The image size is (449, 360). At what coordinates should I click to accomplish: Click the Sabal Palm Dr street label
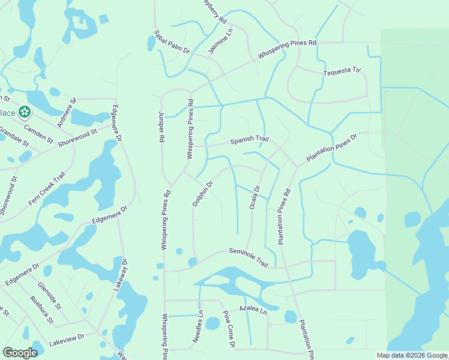(x=172, y=43)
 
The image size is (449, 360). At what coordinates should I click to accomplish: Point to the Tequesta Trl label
(x=342, y=72)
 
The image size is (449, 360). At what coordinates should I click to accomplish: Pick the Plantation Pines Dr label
(x=331, y=147)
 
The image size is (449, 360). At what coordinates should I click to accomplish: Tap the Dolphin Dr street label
(x=203, y=194)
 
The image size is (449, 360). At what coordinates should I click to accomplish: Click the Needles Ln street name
(x=199, y=326)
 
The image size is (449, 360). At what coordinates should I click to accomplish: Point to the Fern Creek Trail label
(x=46, y=189)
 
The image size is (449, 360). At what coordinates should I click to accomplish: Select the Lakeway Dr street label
(x=120, y=275)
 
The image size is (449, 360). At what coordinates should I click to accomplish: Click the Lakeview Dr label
(x=67, y=340)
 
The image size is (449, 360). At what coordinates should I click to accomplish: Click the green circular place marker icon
(x=25, y=112)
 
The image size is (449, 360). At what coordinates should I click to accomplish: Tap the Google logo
(x=20, y=353)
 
